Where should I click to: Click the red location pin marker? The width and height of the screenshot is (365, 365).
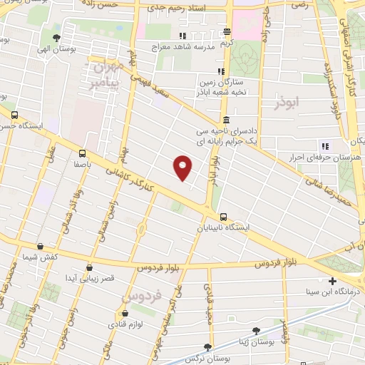183,167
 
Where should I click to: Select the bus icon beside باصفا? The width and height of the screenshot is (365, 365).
83,153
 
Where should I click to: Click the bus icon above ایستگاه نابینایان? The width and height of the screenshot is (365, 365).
223,217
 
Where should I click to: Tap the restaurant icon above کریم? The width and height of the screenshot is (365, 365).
227,32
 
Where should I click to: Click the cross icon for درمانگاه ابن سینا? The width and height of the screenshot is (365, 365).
333,282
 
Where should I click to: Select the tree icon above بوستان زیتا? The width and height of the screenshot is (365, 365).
257,331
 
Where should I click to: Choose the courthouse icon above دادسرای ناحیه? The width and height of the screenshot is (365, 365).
226,120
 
